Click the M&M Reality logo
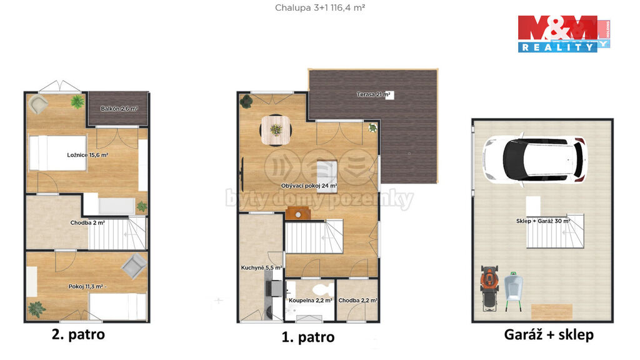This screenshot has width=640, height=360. (x=564, y=34)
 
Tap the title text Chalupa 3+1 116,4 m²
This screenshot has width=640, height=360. (x=319, y=7)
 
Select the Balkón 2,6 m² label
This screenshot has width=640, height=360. (x=119, y=109)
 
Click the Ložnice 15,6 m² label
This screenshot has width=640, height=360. (x=87, y=155)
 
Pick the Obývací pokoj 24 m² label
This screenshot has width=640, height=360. (x=309, y=186)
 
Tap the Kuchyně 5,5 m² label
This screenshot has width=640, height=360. (x=261, y=267)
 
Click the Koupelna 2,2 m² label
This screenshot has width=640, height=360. (x=310, y=301)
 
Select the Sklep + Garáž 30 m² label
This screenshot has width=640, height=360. (x=543, y=221)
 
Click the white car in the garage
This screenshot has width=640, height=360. (x=535, y=159)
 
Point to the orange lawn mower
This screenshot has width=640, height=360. (x=490, y=287)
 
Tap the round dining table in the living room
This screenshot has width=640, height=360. (x=276, y=130)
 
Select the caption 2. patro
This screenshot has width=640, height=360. (x=78, y=335)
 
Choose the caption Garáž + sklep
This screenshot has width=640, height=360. (x=549, y=335)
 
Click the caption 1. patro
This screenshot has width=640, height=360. (x=308, y=337)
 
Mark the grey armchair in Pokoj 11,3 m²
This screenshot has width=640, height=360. (x=134, y=266)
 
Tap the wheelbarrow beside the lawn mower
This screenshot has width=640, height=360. (x=514, y=291)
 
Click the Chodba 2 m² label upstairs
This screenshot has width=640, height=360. (x=87, y=223)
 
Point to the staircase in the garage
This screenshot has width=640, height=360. (x=555, y=231)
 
